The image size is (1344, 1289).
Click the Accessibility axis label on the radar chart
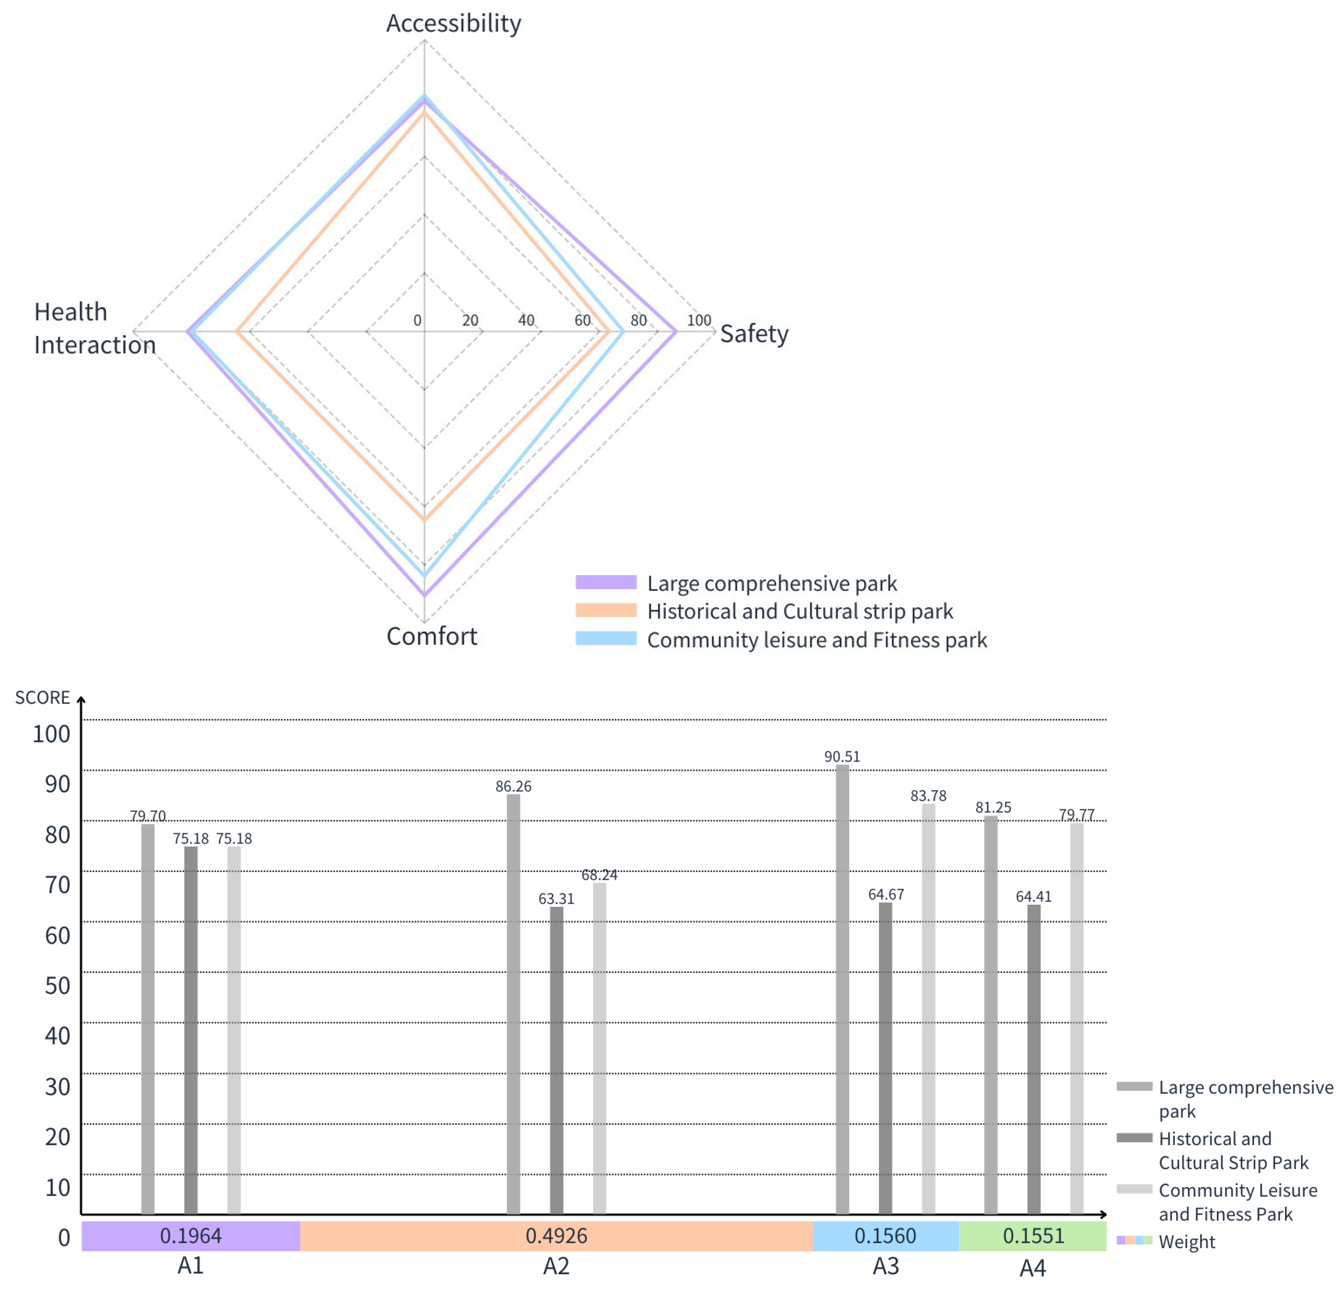coord(453,23)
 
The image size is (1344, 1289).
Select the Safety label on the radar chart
coord(754,334)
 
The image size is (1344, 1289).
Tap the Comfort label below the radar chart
coord(431,636)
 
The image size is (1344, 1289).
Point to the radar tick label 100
coord(699,320)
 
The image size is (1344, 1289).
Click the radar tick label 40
coord(526,320)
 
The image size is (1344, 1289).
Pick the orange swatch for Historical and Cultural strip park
coord(605,611)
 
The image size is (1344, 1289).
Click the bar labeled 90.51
coord(842,987)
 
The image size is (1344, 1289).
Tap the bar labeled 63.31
coord(556,1059)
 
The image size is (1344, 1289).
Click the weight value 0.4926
coord(556,1235)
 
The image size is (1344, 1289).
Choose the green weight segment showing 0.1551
coord(1033,1235)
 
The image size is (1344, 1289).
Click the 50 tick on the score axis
coord(58,985)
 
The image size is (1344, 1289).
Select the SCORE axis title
coord(43,697)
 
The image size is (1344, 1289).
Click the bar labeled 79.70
coord(148,1018)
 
